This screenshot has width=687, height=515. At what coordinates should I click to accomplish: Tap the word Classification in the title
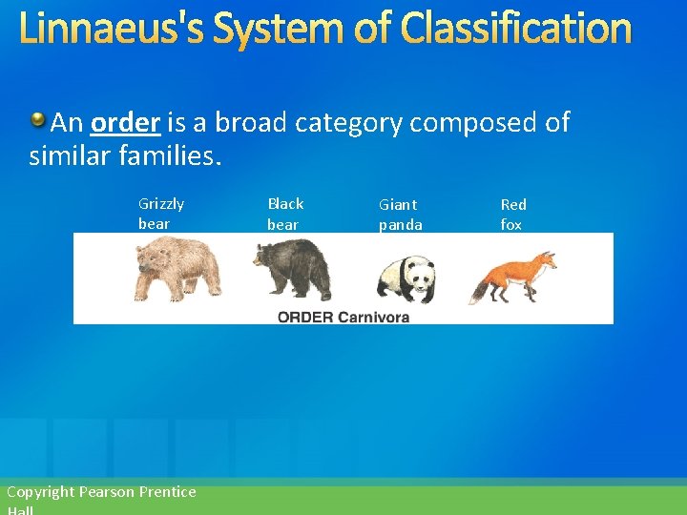click(516, 29)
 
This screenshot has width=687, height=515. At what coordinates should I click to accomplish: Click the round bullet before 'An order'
click(37, 120)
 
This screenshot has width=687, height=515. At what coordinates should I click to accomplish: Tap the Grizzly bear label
click(160, 214)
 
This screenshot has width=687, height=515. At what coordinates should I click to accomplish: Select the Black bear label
click(284, 214)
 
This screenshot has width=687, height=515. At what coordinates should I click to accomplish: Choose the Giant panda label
click(400, 215)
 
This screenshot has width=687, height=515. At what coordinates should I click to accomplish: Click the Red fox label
click(513, 215)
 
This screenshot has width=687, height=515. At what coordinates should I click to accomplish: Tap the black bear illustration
click(292, 268)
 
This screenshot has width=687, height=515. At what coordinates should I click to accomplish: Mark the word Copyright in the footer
click(40, 492)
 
